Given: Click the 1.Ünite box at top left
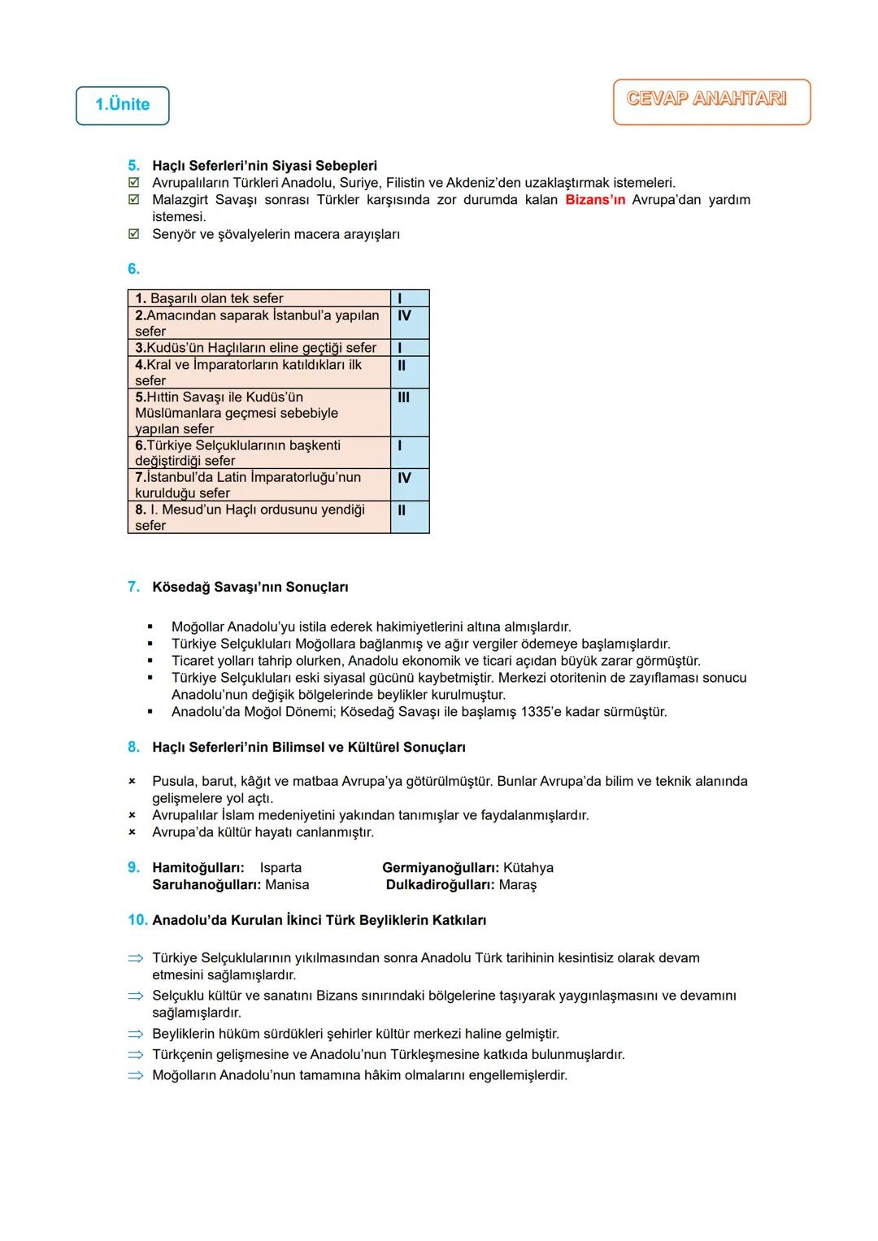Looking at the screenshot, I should pos(123,106).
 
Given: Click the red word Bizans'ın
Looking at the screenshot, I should pos(595,200).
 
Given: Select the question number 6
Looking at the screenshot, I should pos(133,269).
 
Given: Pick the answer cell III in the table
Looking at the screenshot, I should pos(404,397).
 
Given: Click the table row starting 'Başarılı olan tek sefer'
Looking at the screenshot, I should pos(259,298).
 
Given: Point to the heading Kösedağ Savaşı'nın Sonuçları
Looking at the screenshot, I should pos(250,587).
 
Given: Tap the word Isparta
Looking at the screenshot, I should pos(280,868).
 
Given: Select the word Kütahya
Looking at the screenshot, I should pos(528,868).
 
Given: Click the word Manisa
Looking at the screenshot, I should pos(287,885).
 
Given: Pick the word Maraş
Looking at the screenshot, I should pos(518,885).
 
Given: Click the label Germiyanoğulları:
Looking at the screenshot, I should pos(441,868).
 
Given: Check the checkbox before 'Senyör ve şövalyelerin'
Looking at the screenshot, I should pos(134,235).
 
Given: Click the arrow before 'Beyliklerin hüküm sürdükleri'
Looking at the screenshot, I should pos(135,1035).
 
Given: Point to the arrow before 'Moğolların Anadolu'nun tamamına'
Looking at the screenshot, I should pos(135,1076).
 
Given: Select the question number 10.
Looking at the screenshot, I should pos(137,920).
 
